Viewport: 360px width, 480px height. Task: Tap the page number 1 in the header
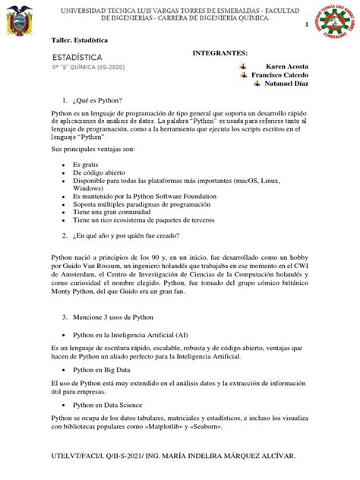pos(307,25)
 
